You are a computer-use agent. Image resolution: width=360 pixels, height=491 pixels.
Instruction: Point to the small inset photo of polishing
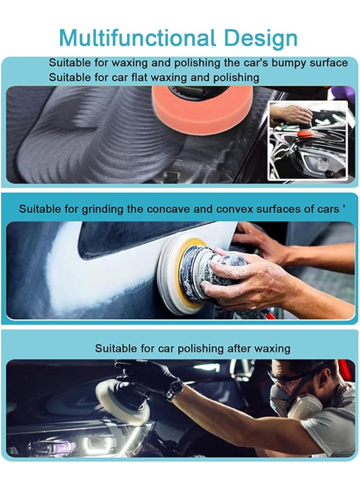(307, 140)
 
